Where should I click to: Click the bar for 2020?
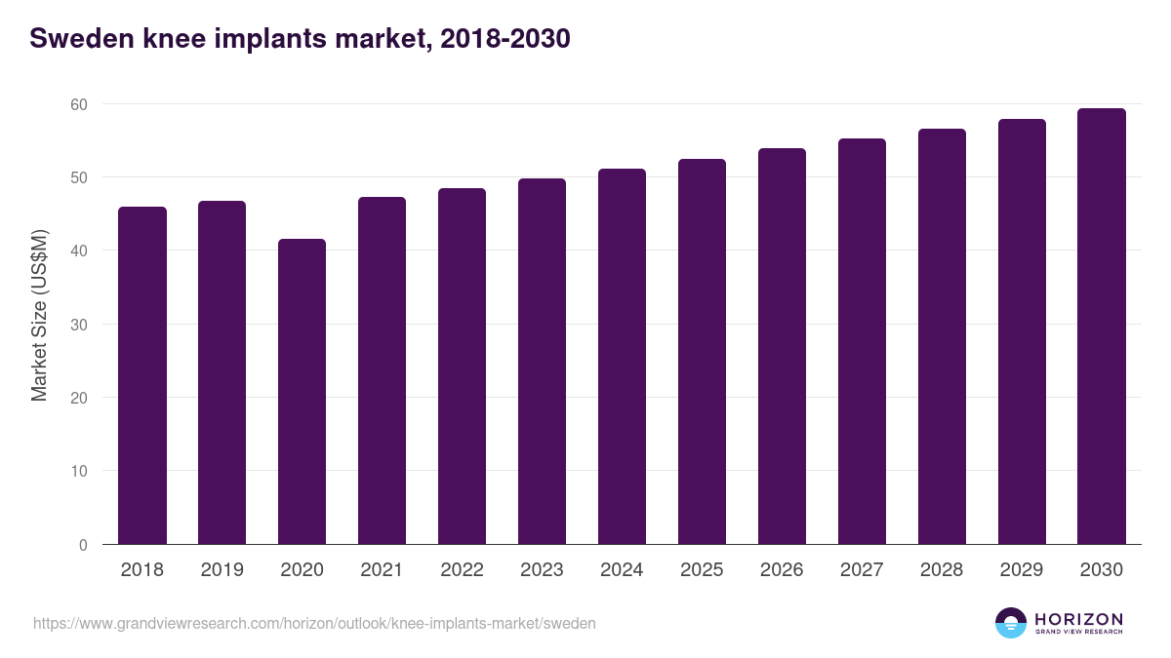click(x=302, y=392)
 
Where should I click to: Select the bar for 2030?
click(x=1102, y=327)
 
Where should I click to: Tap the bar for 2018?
click(x=141, y=375)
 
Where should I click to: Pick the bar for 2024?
click(x=622, y=357)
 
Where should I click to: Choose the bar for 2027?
click(x=862, y=341)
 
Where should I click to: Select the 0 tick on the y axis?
click(x=83, y=545)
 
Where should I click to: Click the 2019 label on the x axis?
click(x=222, y=570)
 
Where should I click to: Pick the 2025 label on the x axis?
click(x=702, y=570)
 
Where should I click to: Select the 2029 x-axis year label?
click(x=1022, y=570)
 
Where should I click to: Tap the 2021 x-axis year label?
click(x=382, y=570)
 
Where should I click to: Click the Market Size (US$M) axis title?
click(x=39, y=315)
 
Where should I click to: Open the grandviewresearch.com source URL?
click(x=314, y=623)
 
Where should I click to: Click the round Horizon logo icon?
click(x=1011, y=623)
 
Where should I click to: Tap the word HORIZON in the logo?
click(x=1078, y=619)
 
